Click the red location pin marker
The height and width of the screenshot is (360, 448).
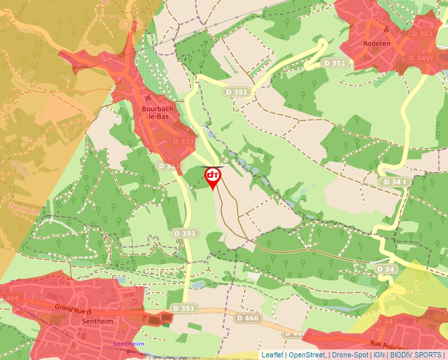[213, 177]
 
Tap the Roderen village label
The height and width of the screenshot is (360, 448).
[377, 44]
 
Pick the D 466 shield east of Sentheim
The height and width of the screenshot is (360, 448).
[247, 319]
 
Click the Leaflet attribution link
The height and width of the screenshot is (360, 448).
[272, 355]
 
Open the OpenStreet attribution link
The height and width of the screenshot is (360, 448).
[307, 355]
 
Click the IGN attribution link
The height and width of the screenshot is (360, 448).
[379, 355]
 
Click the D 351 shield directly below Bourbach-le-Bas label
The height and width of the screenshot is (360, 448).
[184, 141]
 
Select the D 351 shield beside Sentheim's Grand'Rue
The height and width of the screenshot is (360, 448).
[184, 308]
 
